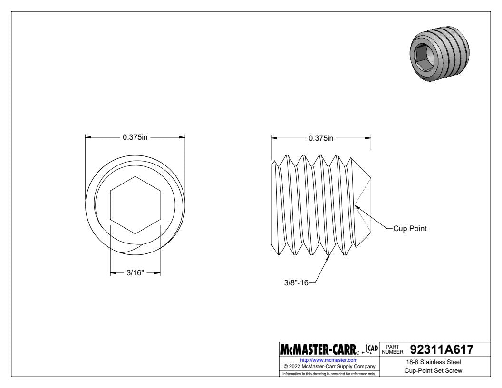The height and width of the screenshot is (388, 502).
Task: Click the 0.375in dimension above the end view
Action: [135, 137]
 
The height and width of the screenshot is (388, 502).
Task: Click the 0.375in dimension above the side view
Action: [321, 138]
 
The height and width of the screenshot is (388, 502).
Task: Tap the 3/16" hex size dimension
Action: [135, 273]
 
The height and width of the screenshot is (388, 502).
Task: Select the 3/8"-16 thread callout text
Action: [296, 282]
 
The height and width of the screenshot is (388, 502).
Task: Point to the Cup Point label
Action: [410, 229]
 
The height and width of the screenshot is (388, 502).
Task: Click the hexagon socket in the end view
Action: [135, 205]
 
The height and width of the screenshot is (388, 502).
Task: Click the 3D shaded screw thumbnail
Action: [439, 53]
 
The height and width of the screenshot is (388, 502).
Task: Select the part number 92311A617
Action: [442, 349]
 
